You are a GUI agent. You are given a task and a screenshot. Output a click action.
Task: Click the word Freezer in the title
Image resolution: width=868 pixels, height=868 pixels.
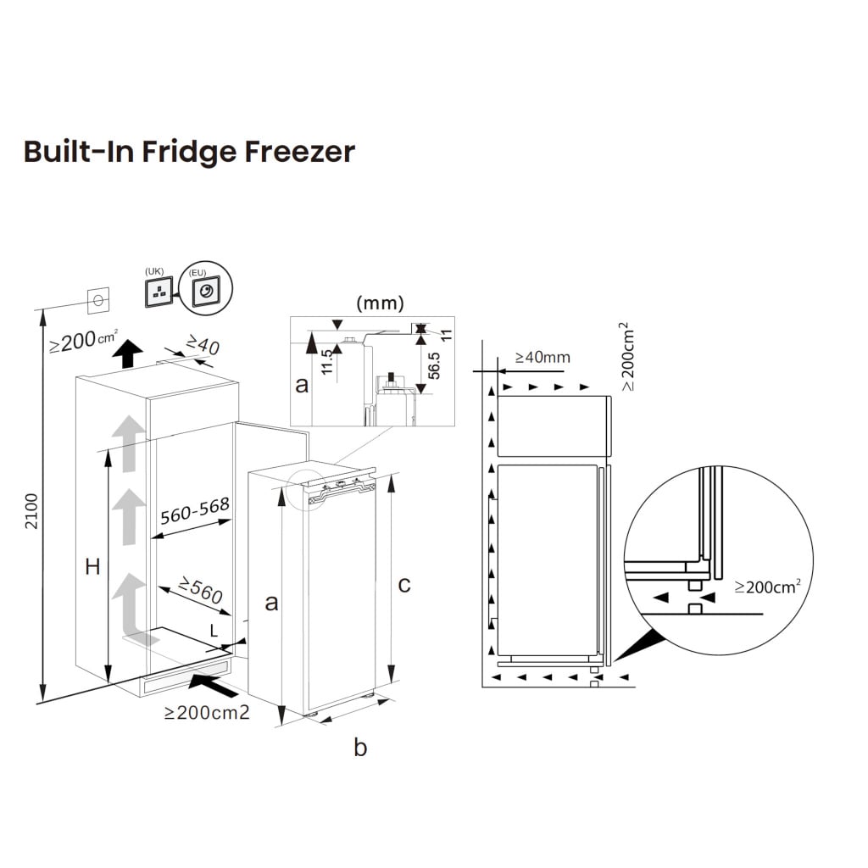[299, 152]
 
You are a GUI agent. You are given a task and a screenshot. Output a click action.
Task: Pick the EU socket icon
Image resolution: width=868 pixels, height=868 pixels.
[206, 292]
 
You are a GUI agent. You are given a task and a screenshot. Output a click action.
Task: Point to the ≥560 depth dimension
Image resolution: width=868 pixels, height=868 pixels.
[200, 590]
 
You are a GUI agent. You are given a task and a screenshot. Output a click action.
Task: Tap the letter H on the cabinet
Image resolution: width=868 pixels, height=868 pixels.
[92, 567]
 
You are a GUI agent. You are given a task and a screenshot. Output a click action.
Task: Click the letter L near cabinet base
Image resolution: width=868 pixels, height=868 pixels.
[214, 630]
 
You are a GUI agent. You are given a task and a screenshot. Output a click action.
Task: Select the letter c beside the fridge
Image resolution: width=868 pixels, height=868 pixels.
[404, 584]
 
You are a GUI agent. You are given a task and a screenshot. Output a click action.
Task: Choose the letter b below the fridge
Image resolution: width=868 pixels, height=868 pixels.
[360, 748]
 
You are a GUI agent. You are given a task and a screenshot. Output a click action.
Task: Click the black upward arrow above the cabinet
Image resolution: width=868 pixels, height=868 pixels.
[127, 352]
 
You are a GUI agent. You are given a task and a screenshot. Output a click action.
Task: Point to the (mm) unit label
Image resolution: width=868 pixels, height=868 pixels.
[380, 303]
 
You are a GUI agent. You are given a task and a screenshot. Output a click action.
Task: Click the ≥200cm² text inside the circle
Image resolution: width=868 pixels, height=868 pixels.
[767, 586]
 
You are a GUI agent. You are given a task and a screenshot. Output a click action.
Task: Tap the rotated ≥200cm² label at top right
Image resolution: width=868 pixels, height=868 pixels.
[627, 356]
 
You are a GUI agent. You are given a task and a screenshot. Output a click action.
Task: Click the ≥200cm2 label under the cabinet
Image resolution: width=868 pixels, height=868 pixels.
[207, 713]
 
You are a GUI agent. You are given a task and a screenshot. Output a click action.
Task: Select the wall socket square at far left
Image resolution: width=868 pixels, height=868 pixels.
[99, 298]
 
